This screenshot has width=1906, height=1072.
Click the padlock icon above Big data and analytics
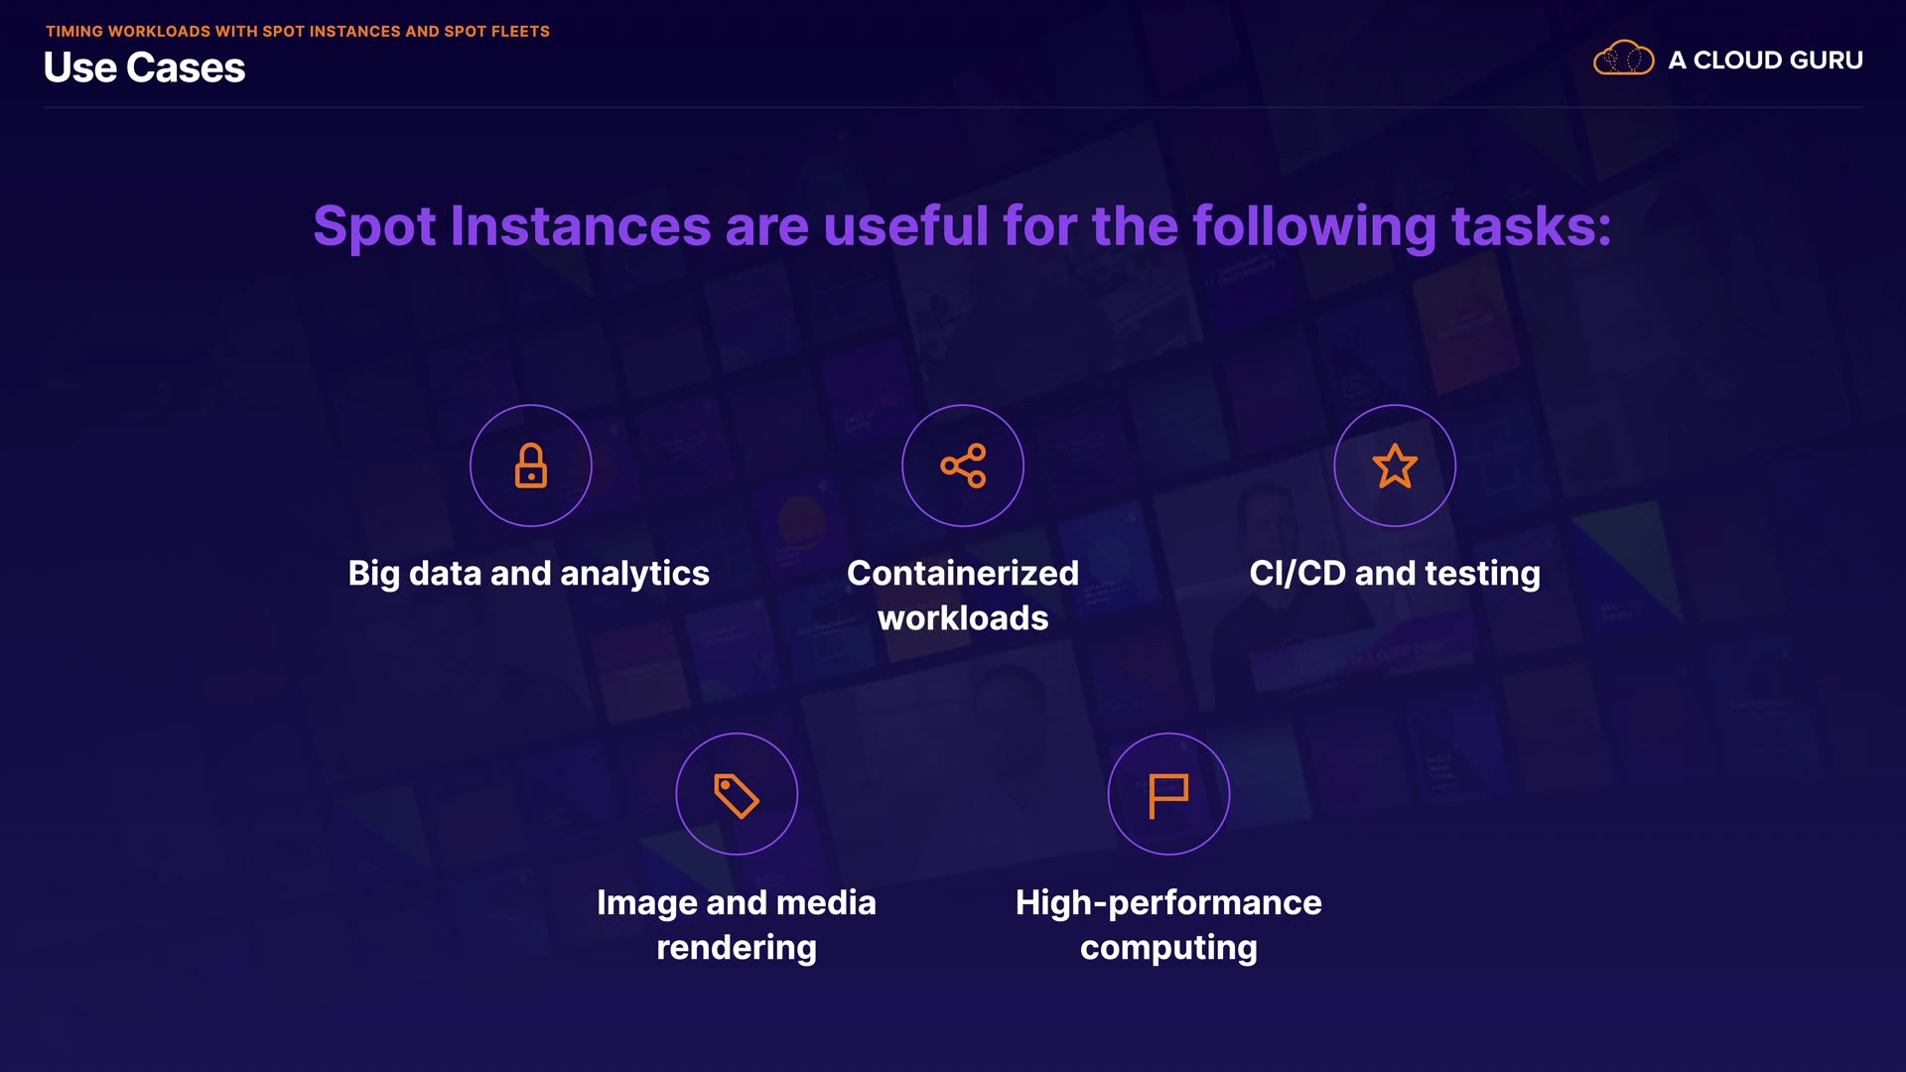click(x=531, y=466)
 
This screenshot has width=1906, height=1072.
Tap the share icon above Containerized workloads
click(x=963, y=466)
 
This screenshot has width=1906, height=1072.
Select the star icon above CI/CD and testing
click(x=1395, y=466)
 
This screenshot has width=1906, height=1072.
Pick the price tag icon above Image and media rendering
click(x=737, y=795)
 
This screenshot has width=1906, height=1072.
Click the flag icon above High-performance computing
click(x=1168, y=795)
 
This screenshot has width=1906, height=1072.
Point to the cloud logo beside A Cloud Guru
click(x=1623, y=59)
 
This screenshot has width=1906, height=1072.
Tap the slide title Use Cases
click(x=145, y=67)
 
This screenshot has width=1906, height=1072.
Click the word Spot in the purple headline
click(x=374, y=226)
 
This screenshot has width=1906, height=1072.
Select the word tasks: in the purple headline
click(x=1531, y=226)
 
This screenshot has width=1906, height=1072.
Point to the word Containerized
click(x=963, y=573)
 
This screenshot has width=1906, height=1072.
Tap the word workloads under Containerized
click(x=963, y=617)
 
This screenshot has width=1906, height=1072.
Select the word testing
click(x=1482, y=574)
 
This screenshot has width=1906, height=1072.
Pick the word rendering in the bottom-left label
click(x=737, y=948)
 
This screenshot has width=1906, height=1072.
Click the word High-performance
click(x=1168, y=903)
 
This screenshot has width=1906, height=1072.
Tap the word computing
click(x=1168, y=948)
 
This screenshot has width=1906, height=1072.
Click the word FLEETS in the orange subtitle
click(x=520, y=32)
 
